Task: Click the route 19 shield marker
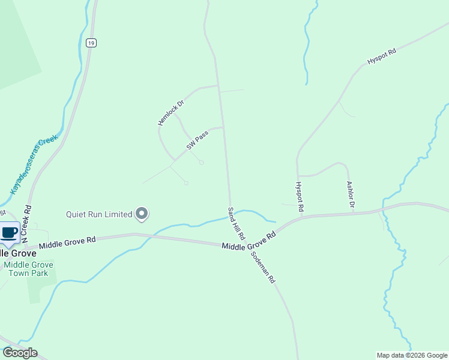tap(91, 43)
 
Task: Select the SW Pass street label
tap(197, 142)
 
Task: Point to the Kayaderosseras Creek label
tap(34, 164)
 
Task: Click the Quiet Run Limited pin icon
tap(142, 214)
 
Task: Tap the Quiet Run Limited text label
tap(99, 214)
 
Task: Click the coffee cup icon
tap(9, 232)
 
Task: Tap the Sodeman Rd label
tap(263, 266)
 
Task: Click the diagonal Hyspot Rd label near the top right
tap(382, 58)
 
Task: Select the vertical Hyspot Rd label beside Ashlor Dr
tap(300, 197)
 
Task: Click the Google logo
tap(20, 353)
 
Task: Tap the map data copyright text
tap(412, 355)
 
